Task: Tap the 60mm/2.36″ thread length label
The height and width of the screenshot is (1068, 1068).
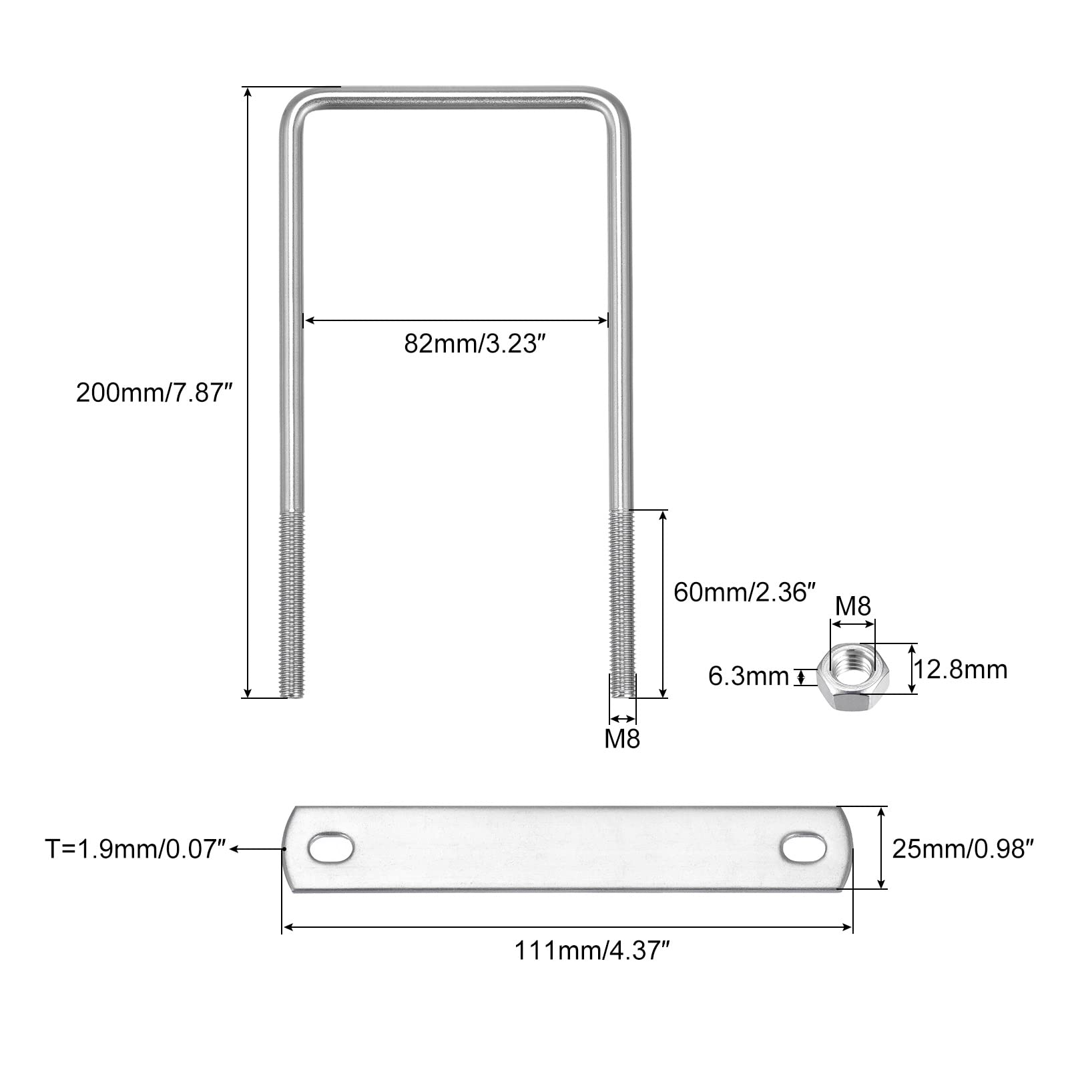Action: click(x=745, y=592)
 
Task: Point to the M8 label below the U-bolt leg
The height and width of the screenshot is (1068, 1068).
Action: click(x=622, y=739)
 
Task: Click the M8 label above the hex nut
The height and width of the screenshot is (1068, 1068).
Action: click(x=853, y=607)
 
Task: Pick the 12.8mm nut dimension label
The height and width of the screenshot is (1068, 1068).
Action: click(x=960, y=669)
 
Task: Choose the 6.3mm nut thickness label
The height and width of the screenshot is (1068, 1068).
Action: click(x=748, y=676)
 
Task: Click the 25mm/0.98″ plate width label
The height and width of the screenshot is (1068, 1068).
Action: click(x=963, y=849)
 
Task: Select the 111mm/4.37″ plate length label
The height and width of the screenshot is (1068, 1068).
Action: click(x=591, y=950)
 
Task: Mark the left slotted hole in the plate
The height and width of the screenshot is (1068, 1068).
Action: click(x=331, y=848)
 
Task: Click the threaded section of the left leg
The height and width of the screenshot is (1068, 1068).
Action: click(x=292, y=604)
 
